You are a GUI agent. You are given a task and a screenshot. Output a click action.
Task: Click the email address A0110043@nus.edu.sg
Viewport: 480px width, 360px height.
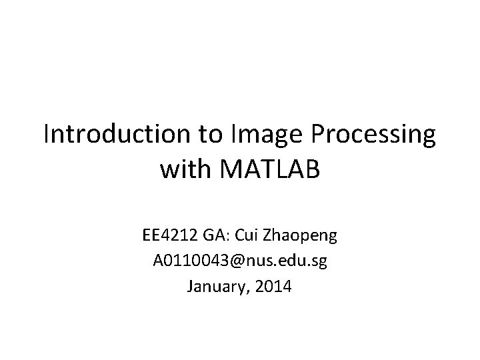240,262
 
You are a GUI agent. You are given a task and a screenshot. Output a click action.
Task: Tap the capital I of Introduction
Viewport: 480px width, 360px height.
47,135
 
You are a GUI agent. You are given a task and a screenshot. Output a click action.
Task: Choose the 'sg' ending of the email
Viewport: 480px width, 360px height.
319,263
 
